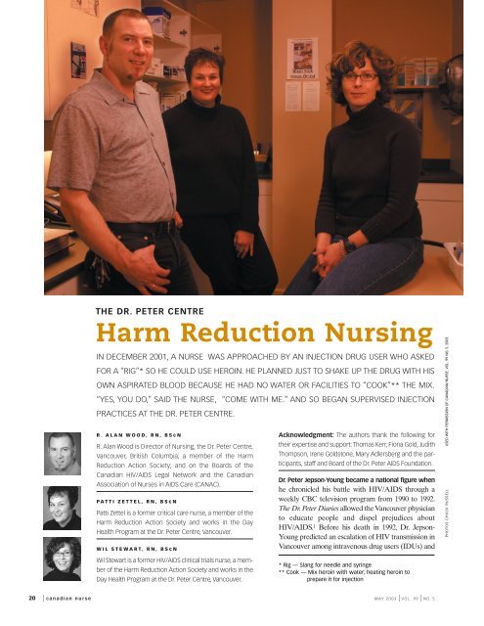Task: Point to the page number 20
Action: tap(9, 618)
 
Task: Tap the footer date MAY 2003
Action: tap(388, 618)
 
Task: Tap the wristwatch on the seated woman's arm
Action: tap(349, 246)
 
